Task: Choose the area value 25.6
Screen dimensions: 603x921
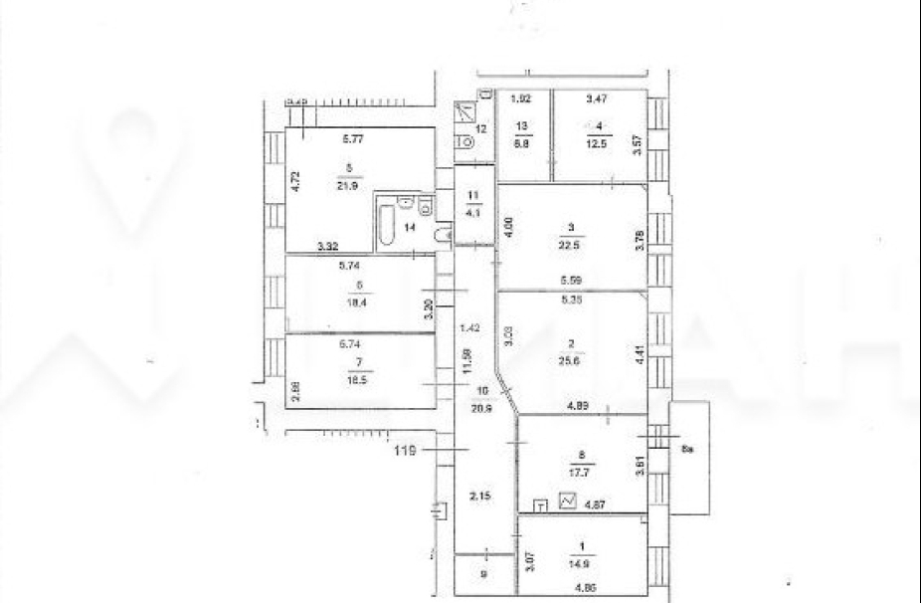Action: click(x=570, y=364)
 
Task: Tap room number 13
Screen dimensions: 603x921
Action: click(x=522, y=125)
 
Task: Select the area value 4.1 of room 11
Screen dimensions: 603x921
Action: click(x=474, y=211)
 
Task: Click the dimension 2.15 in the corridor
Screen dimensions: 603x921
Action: click(x=479, y=495)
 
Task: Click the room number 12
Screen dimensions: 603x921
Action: click(x=479, y=128)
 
